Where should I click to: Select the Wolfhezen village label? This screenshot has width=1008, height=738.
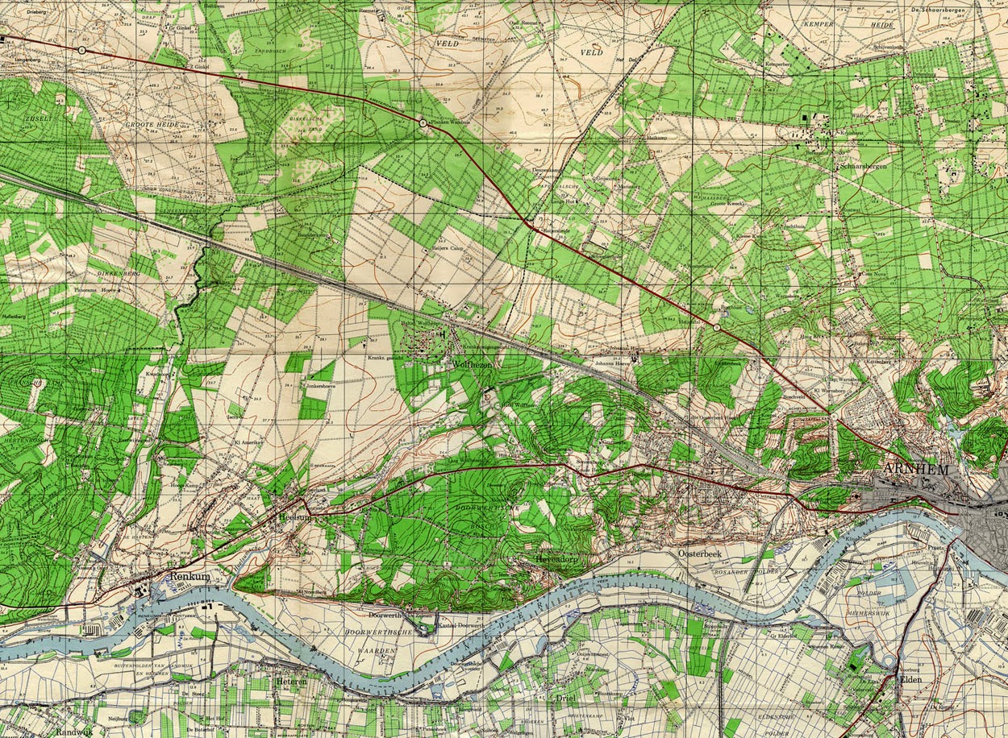pyautogui.click(x=471, y=365)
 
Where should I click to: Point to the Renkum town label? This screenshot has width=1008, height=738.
pyautogui.click(x=190, y=578)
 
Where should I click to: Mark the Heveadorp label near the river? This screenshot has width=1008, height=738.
pyautogui.click(x=560, y=558)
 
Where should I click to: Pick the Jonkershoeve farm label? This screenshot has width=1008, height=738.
pyautogui.click(x=321, y=386)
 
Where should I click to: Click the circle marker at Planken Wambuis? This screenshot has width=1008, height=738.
pyautogui.click(x=423, y=122)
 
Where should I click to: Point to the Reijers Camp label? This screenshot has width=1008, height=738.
pyautogui.click(x=452, y=249)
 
